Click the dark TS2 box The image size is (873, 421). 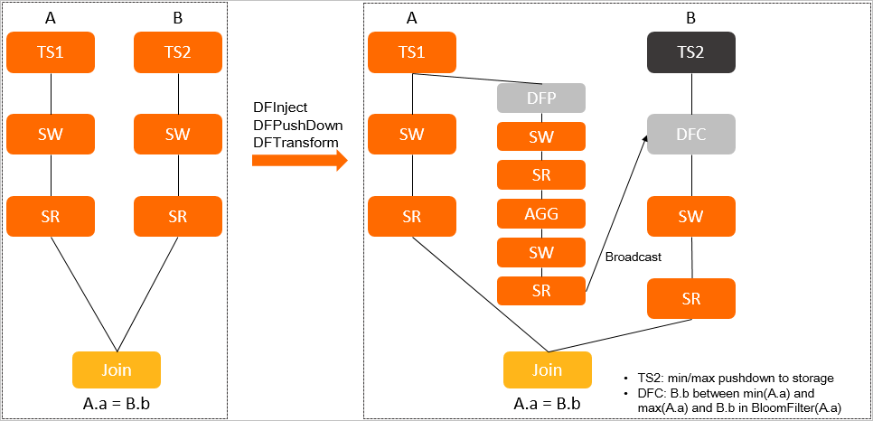[691, 52]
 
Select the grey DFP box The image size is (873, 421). [541, 98]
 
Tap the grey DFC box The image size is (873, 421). [691, 135]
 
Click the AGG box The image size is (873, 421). [541, 213]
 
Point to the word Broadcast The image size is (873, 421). [633, 257]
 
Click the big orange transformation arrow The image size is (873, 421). [299, 161]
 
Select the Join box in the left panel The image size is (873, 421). [117, 370]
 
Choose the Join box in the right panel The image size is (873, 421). [548, 370]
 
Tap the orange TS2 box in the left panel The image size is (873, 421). [178, 52]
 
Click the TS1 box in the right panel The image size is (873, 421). [412, 52]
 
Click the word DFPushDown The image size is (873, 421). [298, 124]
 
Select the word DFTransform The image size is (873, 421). [296, 143]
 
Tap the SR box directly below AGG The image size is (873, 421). [541, 291]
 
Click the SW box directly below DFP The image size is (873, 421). [541, 136]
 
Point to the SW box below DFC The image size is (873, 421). [691, 217]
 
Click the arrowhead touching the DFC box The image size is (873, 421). [645, 138]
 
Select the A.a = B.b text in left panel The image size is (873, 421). [117, 403]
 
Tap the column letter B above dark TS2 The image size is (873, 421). [691, 18]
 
